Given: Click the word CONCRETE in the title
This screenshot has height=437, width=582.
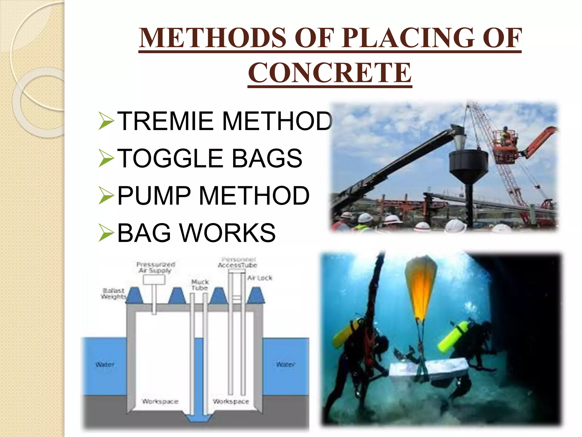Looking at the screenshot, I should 330,73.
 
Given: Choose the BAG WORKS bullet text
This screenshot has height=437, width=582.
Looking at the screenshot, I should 196,233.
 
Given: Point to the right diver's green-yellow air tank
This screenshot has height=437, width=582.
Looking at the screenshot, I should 453,336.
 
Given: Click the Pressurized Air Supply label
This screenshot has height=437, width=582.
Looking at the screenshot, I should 155,267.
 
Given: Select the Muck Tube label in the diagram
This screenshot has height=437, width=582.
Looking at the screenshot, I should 200,285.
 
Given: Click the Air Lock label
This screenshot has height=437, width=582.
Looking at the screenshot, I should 260,278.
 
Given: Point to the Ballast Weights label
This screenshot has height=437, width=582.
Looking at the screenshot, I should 113,293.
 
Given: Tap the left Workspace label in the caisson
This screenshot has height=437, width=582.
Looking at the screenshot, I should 160,401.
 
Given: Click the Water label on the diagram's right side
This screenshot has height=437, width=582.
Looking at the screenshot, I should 285,364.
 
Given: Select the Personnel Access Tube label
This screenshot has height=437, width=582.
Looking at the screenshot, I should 238,262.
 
